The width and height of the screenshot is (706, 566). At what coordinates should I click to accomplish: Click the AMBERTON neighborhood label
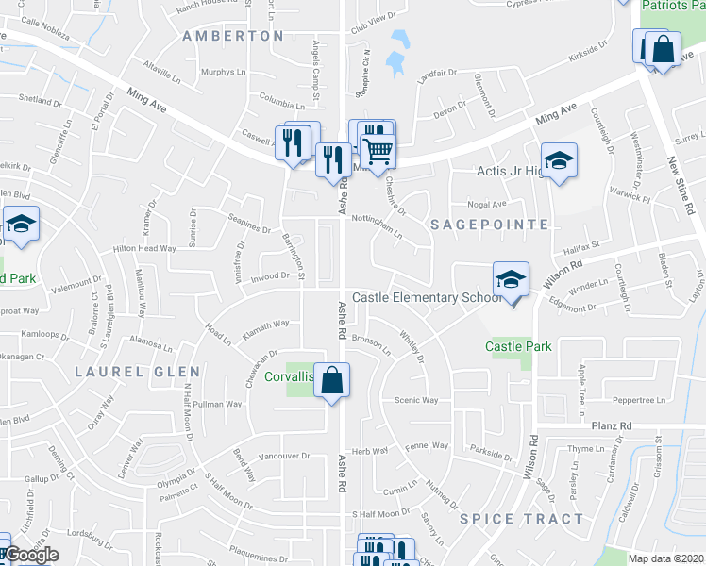233,36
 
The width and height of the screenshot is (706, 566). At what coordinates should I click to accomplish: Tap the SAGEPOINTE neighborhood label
489,225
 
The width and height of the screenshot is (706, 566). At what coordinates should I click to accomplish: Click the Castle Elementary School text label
427,298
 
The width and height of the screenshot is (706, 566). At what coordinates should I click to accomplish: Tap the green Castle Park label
518,346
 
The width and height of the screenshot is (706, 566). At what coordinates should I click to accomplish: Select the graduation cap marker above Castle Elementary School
511,278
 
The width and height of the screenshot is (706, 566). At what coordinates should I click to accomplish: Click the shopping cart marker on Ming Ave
377,150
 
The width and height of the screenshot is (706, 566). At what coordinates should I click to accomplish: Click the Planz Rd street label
613,426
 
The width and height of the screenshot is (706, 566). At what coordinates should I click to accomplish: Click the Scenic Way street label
416,400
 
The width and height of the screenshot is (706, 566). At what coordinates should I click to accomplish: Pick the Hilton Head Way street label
144,248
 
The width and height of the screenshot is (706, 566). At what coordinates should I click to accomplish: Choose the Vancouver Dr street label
283,456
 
